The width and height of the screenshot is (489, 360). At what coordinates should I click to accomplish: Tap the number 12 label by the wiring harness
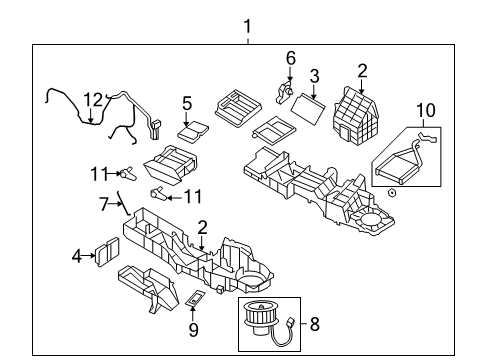[x=93, y=100]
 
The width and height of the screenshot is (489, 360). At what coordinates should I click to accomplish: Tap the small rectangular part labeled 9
[x=196, y=298]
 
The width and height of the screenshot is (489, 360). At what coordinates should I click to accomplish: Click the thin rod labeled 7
[x=124, y=204]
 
